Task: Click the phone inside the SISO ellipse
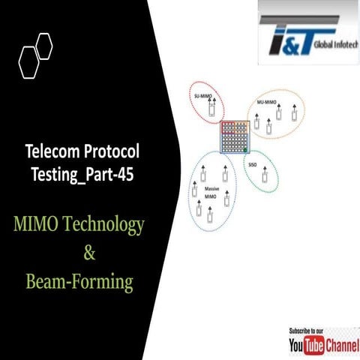coord(265,178)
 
